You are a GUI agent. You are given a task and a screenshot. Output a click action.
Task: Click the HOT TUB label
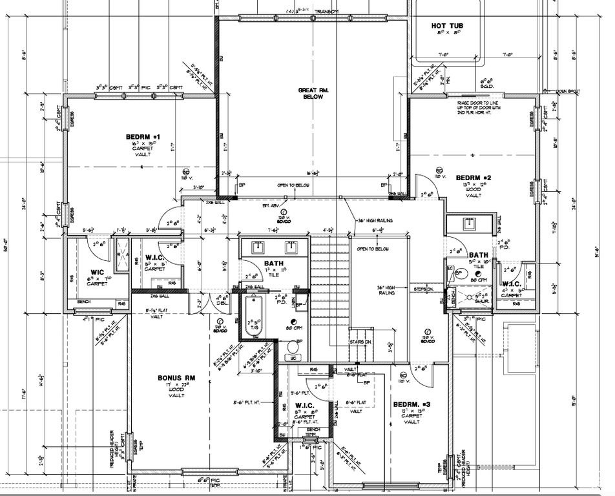click(447, 26)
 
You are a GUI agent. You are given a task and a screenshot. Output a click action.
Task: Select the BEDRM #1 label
click(142, 137)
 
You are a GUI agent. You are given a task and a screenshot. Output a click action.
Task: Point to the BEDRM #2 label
click(474, 178)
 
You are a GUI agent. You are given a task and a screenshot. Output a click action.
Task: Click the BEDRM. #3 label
click(412, 404)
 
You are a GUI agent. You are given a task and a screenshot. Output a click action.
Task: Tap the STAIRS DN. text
click(360, 340)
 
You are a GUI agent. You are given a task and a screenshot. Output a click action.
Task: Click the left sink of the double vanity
click(257, 247)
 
